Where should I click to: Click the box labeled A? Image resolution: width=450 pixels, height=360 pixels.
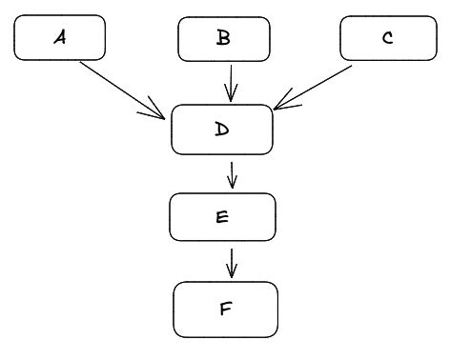pyautogui.click(x=60, y=39)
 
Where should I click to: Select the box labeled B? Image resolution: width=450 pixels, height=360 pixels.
pyautogui.click(x=224, y=39)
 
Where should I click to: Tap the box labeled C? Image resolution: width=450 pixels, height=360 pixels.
pyautogui.click(x=387, y=39)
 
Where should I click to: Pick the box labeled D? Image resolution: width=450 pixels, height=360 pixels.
pyautogui.click(x=222, y=130)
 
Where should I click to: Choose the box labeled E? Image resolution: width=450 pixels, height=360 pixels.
pyautogui.click(x=222, y=217)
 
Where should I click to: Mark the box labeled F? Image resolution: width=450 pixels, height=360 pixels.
pyautogui.click(x=225, y=309)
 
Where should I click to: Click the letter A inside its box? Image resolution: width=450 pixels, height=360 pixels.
pyautogui.click(x=60, y=38)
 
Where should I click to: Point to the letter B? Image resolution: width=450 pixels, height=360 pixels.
pyautogui.click(x=224, y=38)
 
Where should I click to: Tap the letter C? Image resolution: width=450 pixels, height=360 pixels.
pyautogui.click(x=387, y=39)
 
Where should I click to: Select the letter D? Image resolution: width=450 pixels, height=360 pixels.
pyautogui.click(x=222, y=130)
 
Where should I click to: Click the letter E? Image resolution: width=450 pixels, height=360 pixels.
pyautogui.click(x=222, y=217)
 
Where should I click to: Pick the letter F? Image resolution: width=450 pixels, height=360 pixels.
pyautogui.click(x=225, y=309)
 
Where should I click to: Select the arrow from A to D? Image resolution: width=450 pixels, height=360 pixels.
pyautogui.click(x=119, y=88)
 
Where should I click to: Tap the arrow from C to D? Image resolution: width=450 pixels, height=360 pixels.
pyautogui.click(x=315, y=86)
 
